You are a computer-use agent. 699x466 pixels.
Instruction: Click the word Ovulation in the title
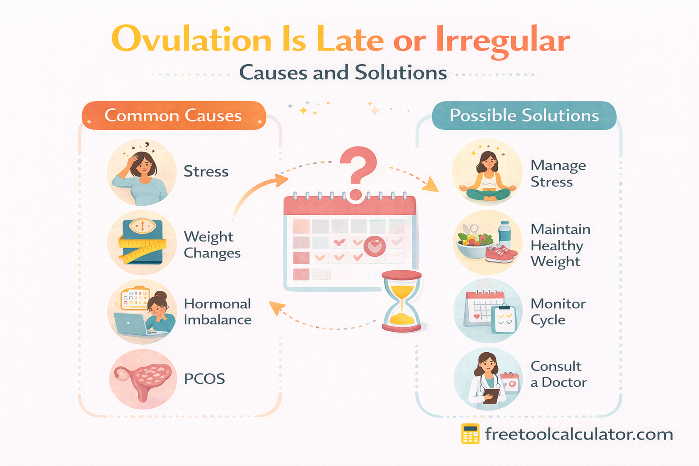pyautogui.click(x=191, y=40)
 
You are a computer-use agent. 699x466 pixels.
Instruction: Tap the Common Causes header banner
pyautogui.click(x=173, y=116)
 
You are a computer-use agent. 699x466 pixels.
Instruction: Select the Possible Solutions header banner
pyautogui.click(x=524, y=116)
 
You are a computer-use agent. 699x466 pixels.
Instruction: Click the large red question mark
pyautogui.click(x=358, y=171)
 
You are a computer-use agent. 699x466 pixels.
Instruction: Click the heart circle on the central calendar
pyautogui.click(x=375, y=247)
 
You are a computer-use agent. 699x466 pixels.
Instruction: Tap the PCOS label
pyautogui.click(x=204, y=379)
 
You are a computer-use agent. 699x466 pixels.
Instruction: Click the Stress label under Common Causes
pyautogui.click(x=206, y=172)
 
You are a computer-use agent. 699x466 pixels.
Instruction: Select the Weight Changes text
pyautogui.click(x=212, y=245)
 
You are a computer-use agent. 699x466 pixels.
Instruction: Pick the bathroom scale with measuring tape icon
pyautogui.click(x=142, y=242)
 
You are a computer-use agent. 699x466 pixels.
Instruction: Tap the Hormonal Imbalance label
pyautogui.click(x=217, y=312)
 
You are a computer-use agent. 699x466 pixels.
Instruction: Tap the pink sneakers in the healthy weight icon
pyautogui.click(x=501, y=254)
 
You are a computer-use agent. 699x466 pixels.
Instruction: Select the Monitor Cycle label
pyautogui.click(x=557, y=312)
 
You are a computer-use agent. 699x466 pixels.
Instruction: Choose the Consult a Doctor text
pyautogui.click(x=558, y=374)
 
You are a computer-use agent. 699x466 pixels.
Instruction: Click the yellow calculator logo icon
pyautogui.click(x=470, y=434)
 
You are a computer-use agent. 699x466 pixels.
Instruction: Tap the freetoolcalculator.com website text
pyautogui.click(x=579, y=434)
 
